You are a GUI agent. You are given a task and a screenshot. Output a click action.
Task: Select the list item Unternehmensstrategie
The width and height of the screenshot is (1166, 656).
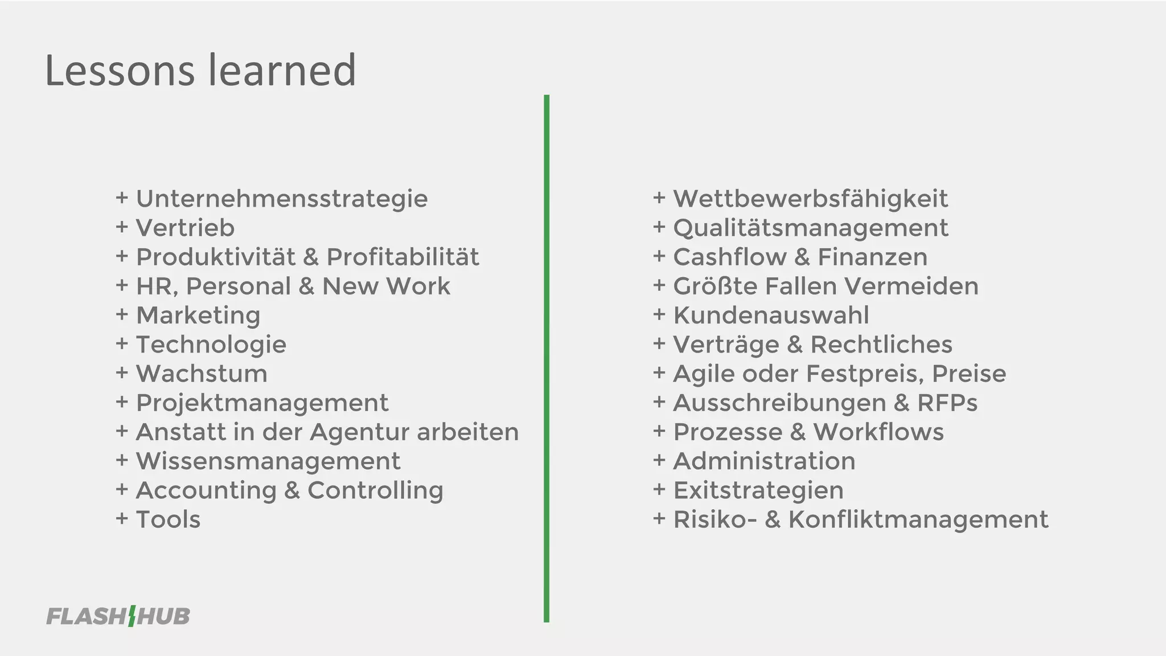click(x=282, y=199)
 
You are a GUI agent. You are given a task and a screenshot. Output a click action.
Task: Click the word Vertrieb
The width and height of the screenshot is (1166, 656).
click(x=185, y=228)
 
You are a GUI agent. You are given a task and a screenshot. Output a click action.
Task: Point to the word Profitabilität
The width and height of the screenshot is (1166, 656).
click(x=403, y=257)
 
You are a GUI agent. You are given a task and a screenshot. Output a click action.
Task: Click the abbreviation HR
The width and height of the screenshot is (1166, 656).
click(x=156, y=286)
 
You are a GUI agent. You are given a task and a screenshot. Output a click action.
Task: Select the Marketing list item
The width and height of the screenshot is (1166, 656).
click(x=198, y=315)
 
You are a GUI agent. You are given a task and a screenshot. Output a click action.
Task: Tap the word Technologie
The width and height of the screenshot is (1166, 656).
click(x=211, y=345)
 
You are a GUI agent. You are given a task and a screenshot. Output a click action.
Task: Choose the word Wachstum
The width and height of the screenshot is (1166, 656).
click(x=202, y=374)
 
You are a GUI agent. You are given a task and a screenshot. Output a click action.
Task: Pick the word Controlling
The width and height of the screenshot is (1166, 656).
click(x=375, y=490)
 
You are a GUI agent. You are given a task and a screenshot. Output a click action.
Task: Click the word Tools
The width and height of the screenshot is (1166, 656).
click(x=168, y=520)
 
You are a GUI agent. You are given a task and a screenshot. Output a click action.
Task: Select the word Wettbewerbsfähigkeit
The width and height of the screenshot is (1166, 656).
click(x=810, y=199)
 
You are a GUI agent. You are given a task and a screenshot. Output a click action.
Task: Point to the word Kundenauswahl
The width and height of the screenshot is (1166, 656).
click(x=771, y=315)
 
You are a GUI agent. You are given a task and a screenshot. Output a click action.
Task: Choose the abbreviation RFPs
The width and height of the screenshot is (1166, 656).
click(x=947, y=403)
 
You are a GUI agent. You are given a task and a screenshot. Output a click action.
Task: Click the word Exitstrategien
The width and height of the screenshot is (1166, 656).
click(x=758, y=490)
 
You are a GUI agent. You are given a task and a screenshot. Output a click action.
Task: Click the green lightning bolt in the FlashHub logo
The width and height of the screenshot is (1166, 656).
click(x=132, y=616)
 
